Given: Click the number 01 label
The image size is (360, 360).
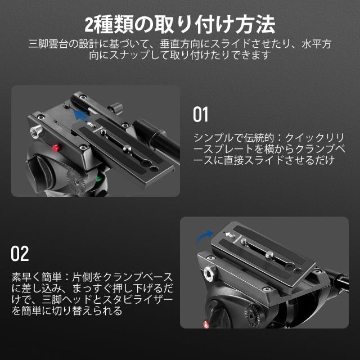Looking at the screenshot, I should point(201,114).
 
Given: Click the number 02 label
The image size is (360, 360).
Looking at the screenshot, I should point(20,254).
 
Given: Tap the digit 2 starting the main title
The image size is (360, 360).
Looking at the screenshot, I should point(89,25).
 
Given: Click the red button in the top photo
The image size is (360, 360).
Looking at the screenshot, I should point(56,147).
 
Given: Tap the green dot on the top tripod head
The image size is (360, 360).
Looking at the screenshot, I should point(100,180).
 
